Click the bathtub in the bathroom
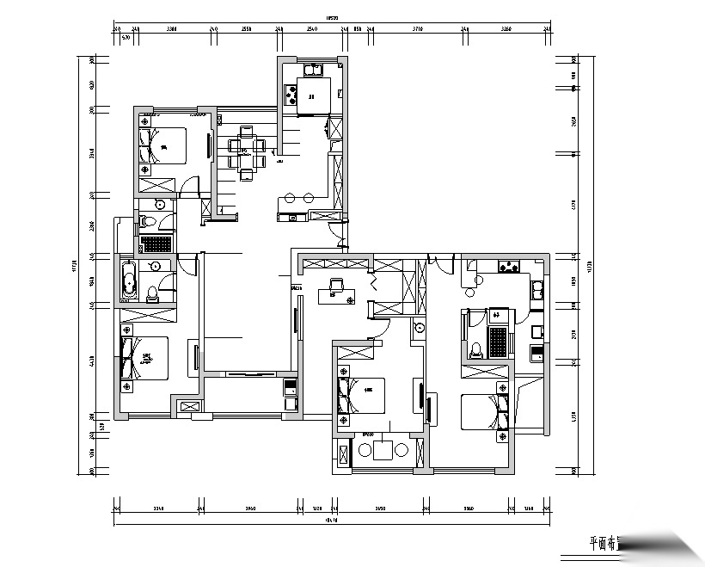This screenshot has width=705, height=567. (x=129, y=280)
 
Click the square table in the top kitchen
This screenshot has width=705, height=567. (x=309, y=90)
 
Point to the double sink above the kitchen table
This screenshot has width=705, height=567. (x=310, y=67)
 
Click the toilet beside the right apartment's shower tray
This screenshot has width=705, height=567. (x=476, y=348)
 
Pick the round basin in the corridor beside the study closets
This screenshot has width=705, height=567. (x=418, y=327)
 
